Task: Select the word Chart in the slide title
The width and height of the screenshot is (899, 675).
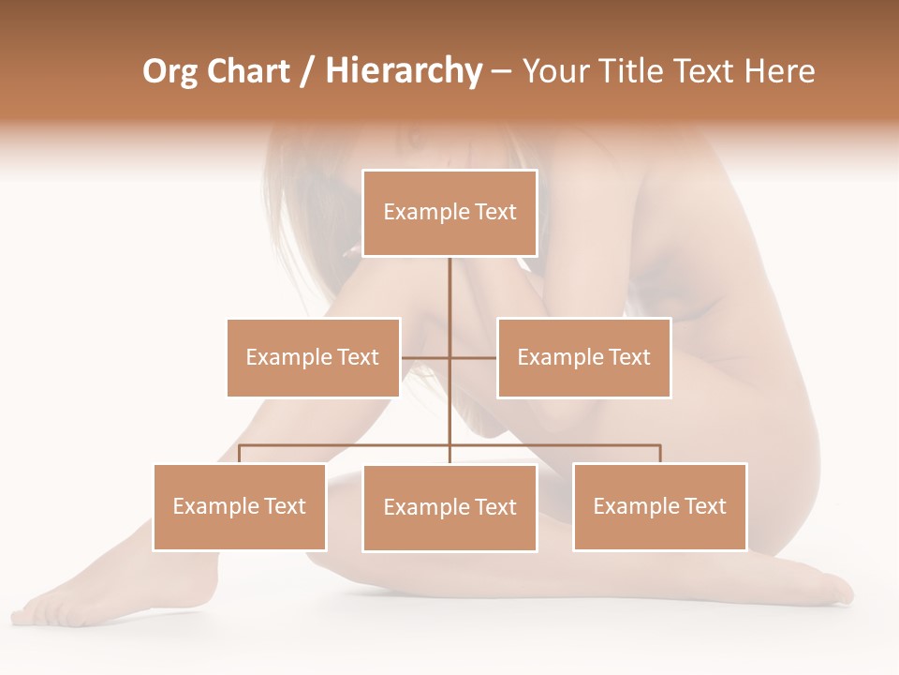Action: (247, 71)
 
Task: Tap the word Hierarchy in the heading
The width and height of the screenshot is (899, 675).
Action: (403, 71)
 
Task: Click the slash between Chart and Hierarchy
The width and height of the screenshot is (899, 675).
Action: (307, 72)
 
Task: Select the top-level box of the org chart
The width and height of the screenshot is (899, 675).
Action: (449, 213)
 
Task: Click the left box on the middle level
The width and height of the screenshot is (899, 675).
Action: (313, 357)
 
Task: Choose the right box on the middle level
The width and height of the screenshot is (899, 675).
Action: (583, 357)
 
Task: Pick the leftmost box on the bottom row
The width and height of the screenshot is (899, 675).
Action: (240, 507)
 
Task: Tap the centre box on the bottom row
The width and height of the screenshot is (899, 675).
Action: (449, 507)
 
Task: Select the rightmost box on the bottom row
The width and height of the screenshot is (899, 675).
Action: (659, 507)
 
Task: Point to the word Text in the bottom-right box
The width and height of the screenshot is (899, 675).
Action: (705, 506)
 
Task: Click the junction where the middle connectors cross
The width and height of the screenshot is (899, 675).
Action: (449, 357)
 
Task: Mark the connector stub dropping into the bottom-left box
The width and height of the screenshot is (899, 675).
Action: (240, 455)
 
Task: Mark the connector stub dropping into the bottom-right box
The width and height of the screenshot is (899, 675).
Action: (660, 455)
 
